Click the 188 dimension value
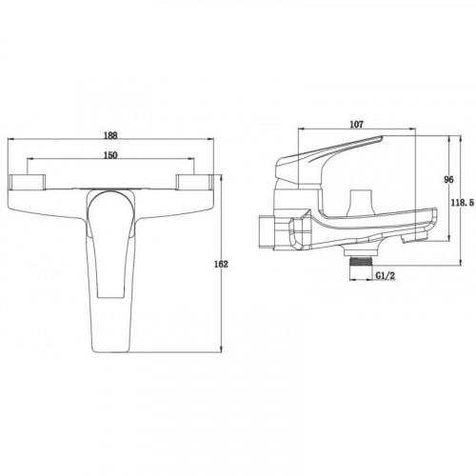click(x=110, y=135)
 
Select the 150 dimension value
click(x=110, y=155)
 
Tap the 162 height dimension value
click(x=221, y=264)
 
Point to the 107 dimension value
click(x=356, y=125)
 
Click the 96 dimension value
click(x=448, y=180)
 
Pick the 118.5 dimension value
click(x=463, y=202)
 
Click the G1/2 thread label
click(x=386, y=276)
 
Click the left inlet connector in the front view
click(x=28, y=183)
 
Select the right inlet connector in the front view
click(x=194, y=183)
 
